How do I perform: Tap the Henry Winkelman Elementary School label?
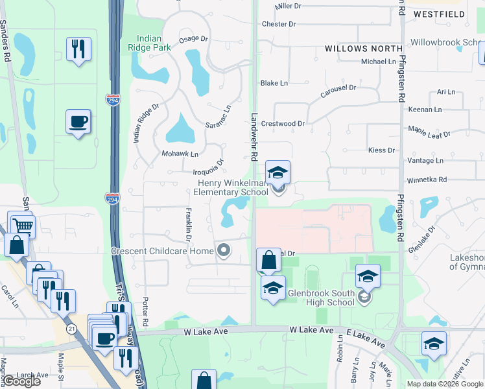point(232,187)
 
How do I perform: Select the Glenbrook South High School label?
point(322,298)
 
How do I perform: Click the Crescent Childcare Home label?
point(162,251)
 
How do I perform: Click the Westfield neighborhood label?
point(458,14)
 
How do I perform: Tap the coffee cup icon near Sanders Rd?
point(78,122)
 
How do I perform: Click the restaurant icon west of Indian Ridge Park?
point(78,49)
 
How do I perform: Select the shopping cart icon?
point(23,226)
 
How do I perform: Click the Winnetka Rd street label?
point(427,180)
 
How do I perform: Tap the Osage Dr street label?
point(193,39)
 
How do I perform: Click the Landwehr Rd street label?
point(254,137)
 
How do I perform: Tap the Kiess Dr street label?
point(381,150)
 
